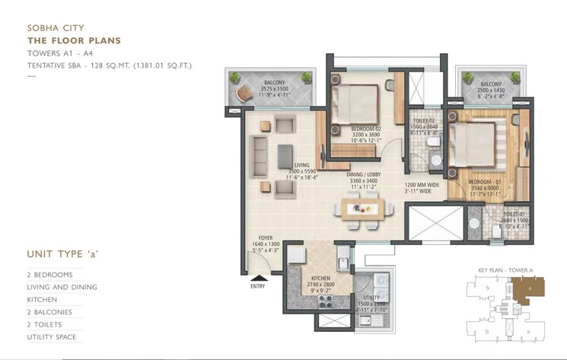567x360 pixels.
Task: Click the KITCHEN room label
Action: pyautogui.click(x=318, y=279)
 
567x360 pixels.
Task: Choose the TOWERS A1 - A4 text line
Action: pyautogui.click(x=58, y=53)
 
